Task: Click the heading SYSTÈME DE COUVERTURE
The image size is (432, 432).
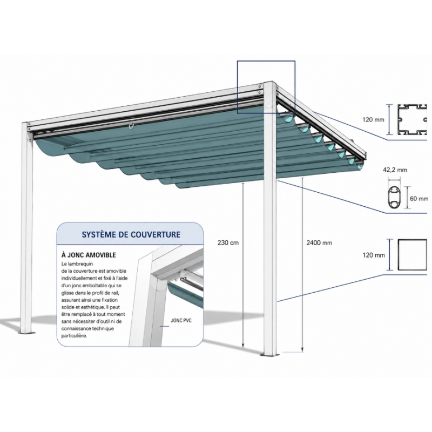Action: pyautogui.click(x=131, y=234)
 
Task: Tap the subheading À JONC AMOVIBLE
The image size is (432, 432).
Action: pyautogui.click(x=89, y=255)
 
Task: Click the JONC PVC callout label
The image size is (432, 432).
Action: pyautogui.click(x=181, y=320)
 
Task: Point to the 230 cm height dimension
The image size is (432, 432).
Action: pyautogui.click(x=228, y=242)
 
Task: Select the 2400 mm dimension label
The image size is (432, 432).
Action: pyautogui.click(x=319, y=242)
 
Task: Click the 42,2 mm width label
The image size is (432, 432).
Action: pyautogui.click(x=395, y=170)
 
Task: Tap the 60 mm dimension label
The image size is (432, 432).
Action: pyautogui.click(x=419, y=198)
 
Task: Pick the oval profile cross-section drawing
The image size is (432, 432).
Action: pyautogui.click(x=394, y=197)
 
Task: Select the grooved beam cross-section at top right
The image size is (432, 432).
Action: pyautogui.click(x=412, y=120)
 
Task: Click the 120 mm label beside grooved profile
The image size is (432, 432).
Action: pyautogui.click(x=373, y=120)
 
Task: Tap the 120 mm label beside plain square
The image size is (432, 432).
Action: pyautogui.click(x=373, y=255)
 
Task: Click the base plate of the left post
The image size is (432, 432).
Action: pyautogui.click(x=26, y=333)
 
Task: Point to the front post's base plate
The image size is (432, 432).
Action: pyautogui.click(x=270, y=355)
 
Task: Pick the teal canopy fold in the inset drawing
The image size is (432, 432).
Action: pyautogui.click(x=185, y=293)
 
